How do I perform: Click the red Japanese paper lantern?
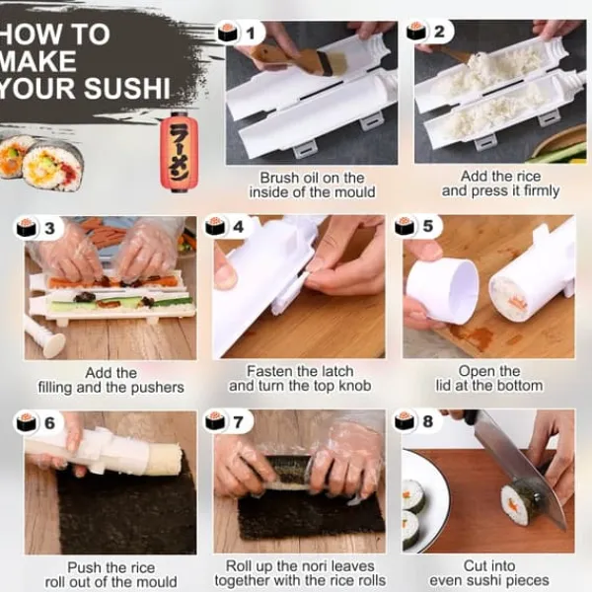click(179, 151)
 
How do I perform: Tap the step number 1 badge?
click(242, 34)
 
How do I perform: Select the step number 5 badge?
click(417, 226)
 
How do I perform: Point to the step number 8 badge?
click(417, 421)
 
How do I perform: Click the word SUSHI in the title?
click(127, 88)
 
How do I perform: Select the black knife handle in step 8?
click(470, 415)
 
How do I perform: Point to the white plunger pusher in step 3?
click(45, 337)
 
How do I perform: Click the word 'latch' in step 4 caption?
click(335, 371)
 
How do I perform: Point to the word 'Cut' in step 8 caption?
click(475, 566)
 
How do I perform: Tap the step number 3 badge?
click(37, 228)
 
